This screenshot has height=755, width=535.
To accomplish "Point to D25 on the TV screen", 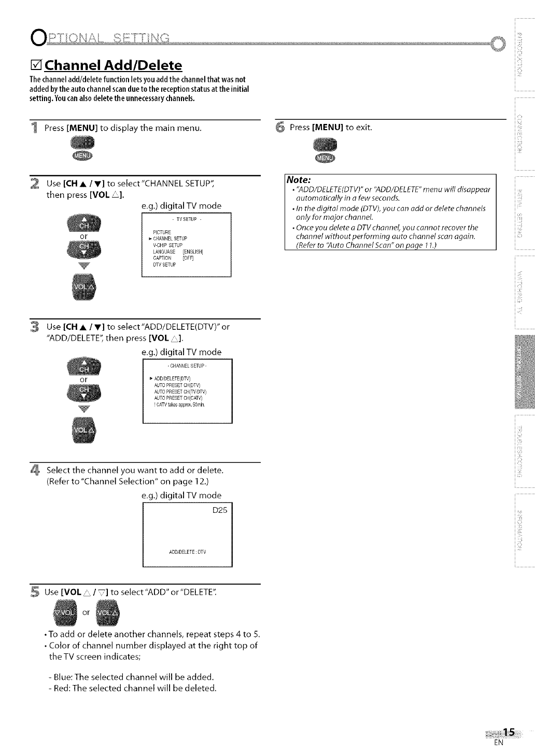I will pos(220,510).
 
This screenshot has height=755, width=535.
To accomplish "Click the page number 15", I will pos(509,732).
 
